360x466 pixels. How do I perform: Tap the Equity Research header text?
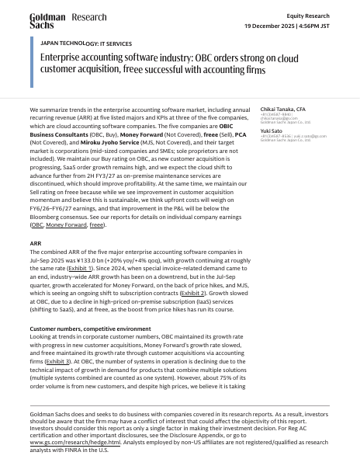[307, 15]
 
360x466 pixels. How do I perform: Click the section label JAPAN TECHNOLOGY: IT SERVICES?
[85, 44]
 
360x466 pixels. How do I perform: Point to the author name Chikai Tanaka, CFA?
[283, 110]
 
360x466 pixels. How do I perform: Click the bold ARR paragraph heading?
[35, 243]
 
